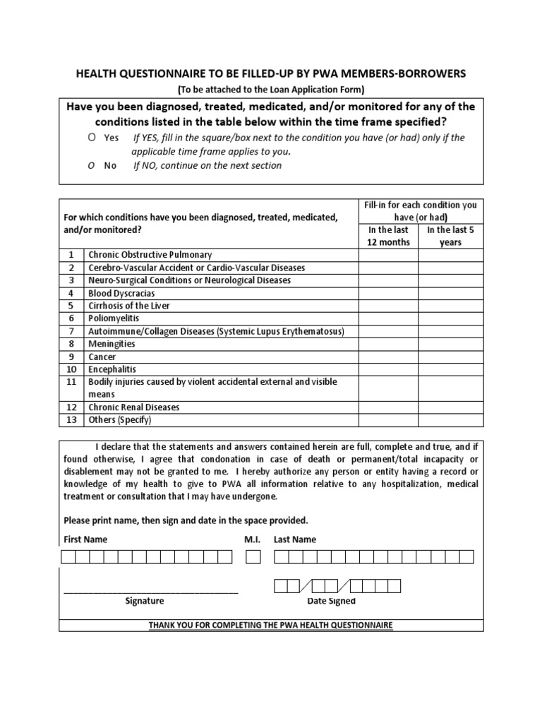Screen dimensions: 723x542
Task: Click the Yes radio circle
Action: click(x=92, y=138)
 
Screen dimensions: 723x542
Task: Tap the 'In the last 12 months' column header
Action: click(x=387, y=236)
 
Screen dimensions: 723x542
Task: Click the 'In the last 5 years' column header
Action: click(x=450, y=236)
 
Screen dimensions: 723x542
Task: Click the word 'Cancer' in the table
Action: click(x=102, y=357)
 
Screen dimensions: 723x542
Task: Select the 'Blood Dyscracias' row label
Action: click(x=121, y=293)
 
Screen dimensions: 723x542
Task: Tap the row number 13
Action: click(x=71, y=420)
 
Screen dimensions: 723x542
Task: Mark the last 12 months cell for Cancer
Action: click(x=387, y=357)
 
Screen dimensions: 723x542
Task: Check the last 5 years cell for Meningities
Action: click(x=450, y=344)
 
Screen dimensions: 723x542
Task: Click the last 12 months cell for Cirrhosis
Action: click(x=387, y=306)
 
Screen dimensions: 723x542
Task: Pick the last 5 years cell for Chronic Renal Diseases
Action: click(x=450, y=407)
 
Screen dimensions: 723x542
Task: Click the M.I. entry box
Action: click(x=253, y=557)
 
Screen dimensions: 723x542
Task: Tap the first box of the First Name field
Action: click(x=68, y=557)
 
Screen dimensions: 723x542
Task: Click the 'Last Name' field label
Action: click(x=294, y=539)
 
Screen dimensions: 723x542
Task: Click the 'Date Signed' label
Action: click(x=332, y=602)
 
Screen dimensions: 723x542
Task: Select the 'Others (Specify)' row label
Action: click(x=119, y=420)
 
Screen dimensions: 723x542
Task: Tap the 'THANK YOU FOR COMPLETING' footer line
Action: click(x=271, y=626)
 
